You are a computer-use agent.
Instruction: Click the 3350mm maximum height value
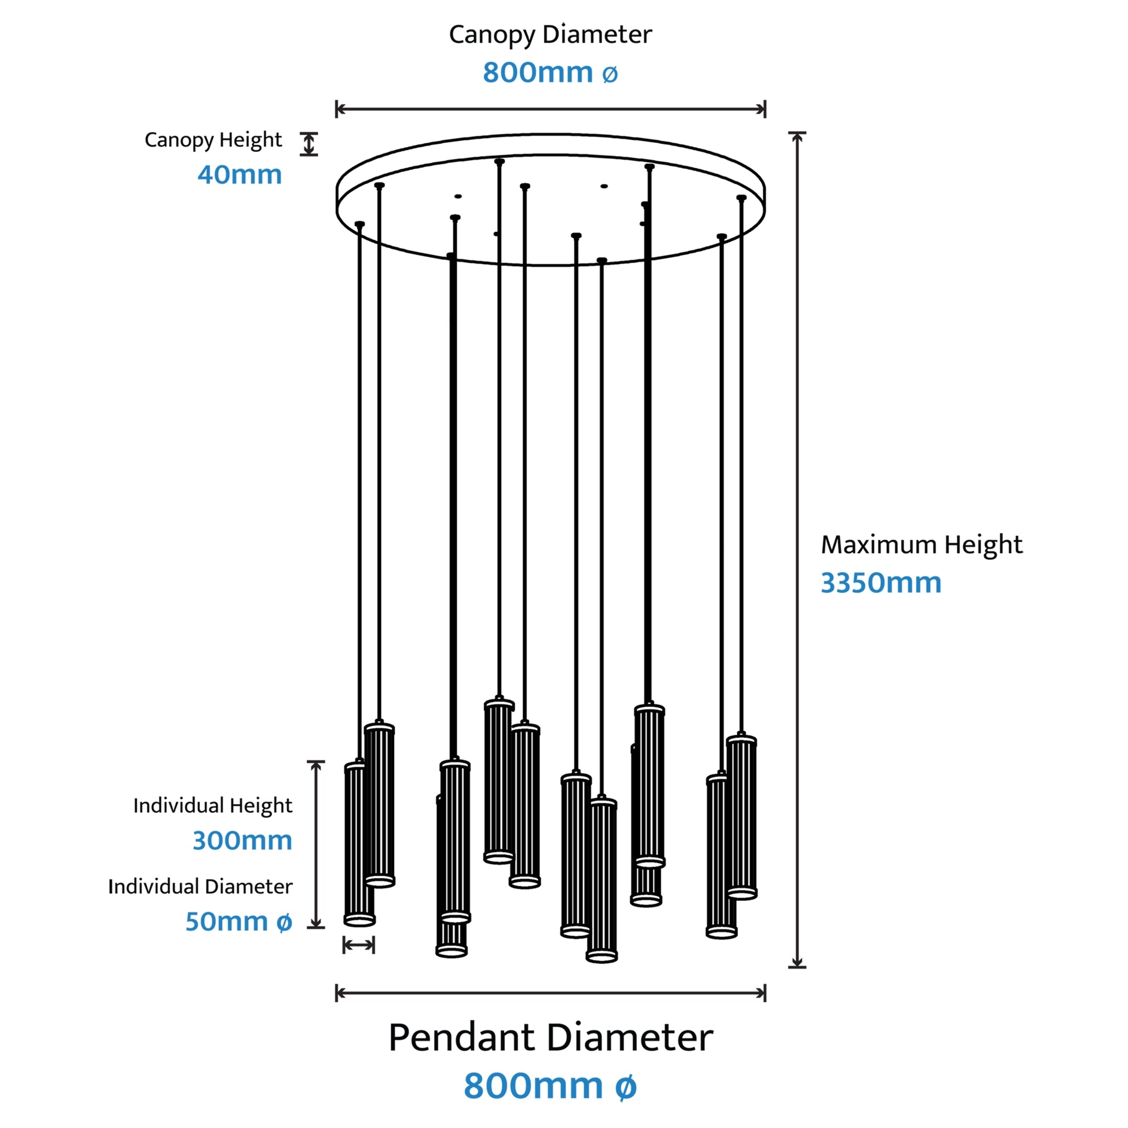pos(881,583)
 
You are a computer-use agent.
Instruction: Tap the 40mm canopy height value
pos(240,174)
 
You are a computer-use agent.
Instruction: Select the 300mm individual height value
pos(242,840)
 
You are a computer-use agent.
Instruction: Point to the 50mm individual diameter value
pos(239,921)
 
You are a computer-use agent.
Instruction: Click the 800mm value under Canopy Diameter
pos(550,72)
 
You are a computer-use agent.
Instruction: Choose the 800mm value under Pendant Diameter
pos(550,1086)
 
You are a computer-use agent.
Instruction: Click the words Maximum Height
pos(922,544)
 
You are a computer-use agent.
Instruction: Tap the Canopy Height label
pos(213,140)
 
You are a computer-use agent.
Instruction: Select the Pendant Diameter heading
pos(551,1038)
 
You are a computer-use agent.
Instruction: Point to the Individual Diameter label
pos(200,886)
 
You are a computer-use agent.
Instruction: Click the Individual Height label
pos(213,806)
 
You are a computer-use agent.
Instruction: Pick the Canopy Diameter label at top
pos(550,34)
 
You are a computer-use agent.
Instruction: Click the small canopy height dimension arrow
pos(309,144)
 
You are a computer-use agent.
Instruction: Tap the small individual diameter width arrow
pos(358,945)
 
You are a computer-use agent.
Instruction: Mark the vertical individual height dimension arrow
pos(316,844)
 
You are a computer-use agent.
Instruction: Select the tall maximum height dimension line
pos(797,550)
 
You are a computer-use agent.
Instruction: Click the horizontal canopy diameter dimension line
pos(551,108)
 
